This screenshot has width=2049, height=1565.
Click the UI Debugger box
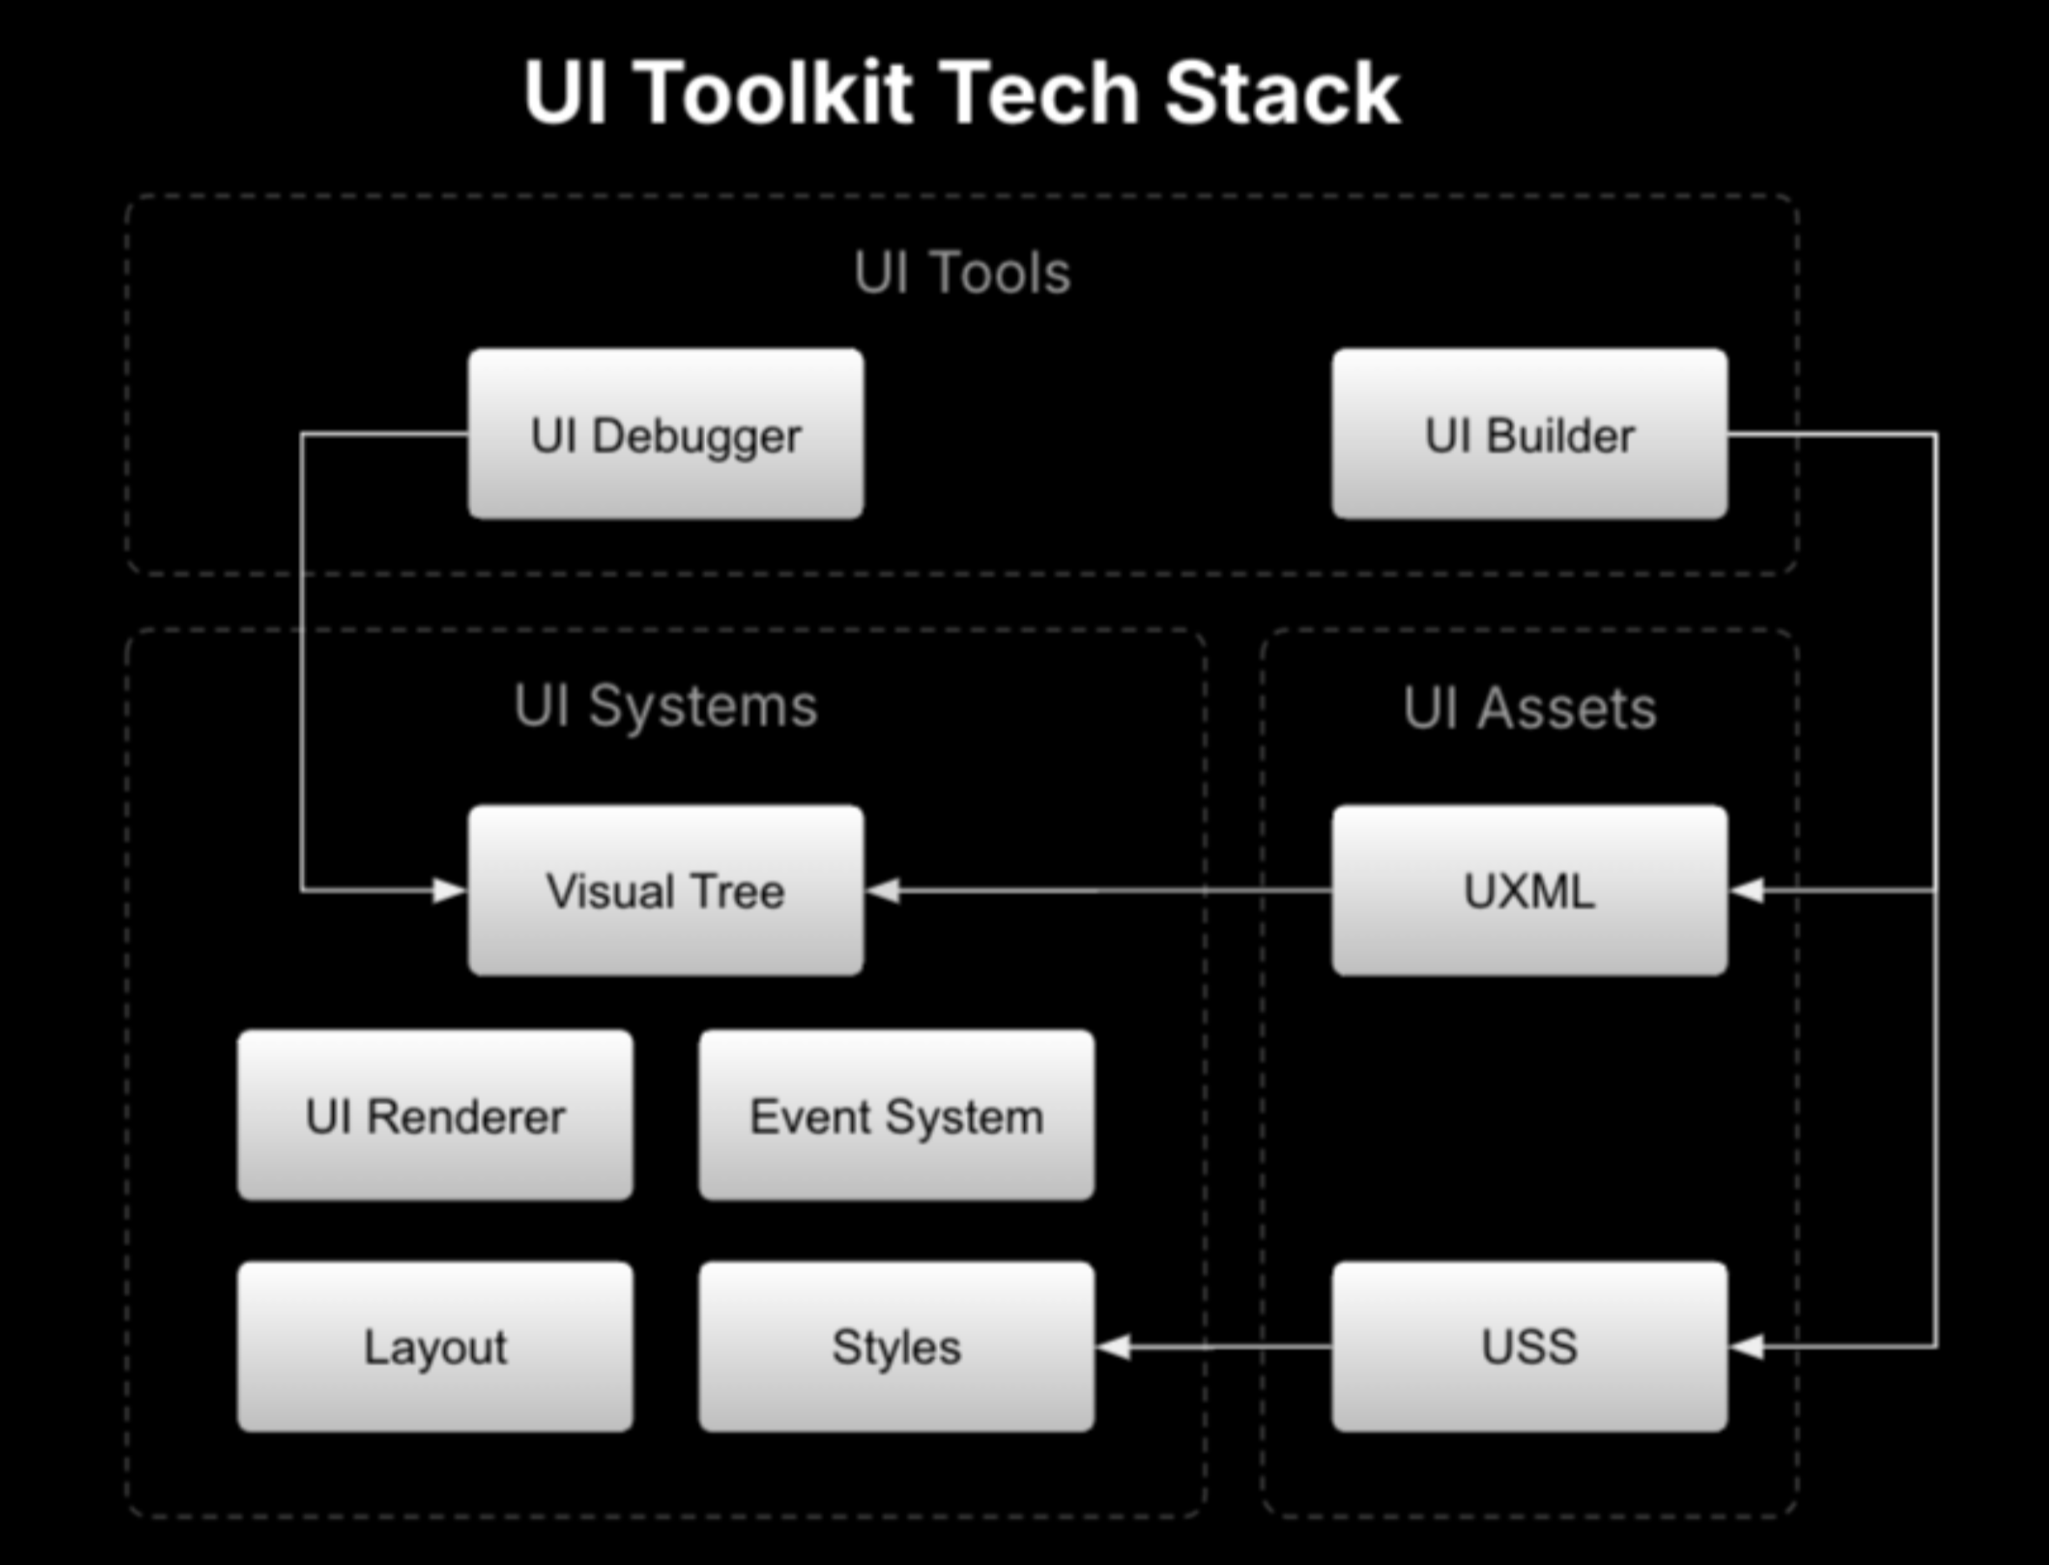coord(666,434)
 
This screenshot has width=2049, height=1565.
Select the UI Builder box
coord(1529,434)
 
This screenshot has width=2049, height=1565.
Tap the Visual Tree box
coord(666,890)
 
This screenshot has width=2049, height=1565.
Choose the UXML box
coord(1529,890)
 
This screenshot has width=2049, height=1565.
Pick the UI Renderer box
coord(435,1115)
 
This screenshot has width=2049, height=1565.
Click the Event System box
coord(897,1115)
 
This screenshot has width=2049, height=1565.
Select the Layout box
coord(435,1346)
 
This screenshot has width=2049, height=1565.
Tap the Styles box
coord(897,1346)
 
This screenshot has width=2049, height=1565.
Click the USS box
coord(1529,1346)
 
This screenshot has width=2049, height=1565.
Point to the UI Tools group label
coord(962,273)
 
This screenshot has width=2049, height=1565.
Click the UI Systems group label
coord(666,707)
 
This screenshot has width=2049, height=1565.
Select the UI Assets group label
coord(1529,709)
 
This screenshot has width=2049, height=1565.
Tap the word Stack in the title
coord(1282,92)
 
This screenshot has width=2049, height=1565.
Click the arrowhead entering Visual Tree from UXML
coord(883,890)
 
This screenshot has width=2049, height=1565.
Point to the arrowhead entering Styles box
coord(1114,1346)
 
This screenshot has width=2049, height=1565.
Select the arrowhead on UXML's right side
coord(1746,890)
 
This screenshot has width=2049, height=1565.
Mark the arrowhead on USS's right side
coord(1746,1346)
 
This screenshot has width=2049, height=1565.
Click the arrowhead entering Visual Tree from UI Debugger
coord(449,890)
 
